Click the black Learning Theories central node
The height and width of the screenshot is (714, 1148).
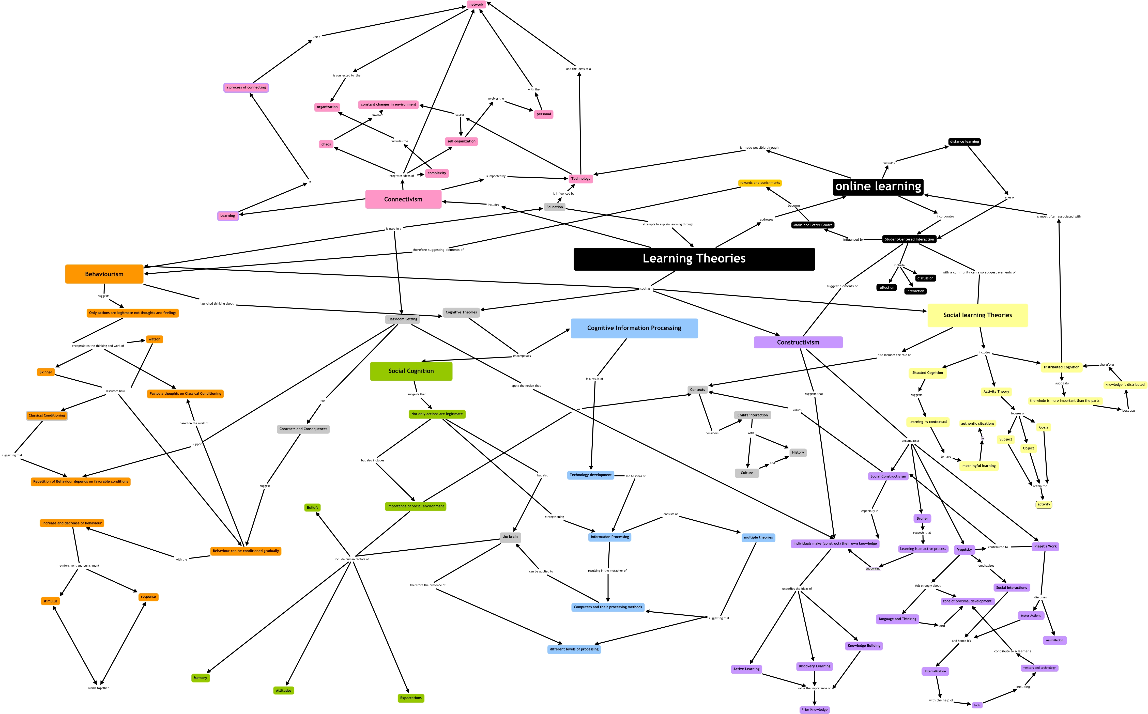(x=694, y=259)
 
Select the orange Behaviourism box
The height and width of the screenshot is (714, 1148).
(x=104, y=274)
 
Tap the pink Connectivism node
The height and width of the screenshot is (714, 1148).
(x=403, y=199)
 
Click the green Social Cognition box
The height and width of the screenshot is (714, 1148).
(x=411, y=371)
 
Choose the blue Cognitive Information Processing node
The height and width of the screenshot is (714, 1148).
(x=634, y=328)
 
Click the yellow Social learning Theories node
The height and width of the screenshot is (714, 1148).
(x=977, y=315)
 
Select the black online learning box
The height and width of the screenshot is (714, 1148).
(x=878, y=187)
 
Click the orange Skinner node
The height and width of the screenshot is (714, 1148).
(x=46, y=372)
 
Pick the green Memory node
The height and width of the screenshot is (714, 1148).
(x=200, y=678)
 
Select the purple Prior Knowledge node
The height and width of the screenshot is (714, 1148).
(x=814, y=709)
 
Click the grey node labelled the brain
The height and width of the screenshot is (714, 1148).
(x=510, y=537)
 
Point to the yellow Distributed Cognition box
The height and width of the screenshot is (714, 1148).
(x=1061, y=367)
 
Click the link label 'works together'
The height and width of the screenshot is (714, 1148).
(x=98, y=688)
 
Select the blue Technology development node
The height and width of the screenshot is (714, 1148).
(x=590, y=475)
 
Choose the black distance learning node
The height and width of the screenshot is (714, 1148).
(x=964, y=142)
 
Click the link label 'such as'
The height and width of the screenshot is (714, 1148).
(x=645, y=289)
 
